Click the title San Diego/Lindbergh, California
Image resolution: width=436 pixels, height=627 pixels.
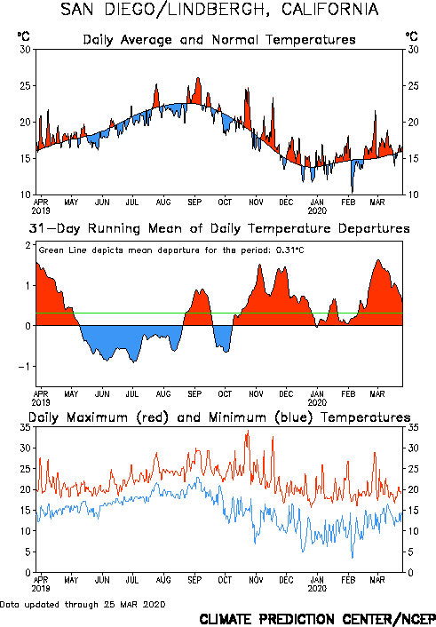pyautogui.click(x=219, y=9)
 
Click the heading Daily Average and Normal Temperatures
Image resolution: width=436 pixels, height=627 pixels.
pyautogui.click(x=219, y=40)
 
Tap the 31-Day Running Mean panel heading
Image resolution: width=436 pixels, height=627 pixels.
pyautogui.click(x=219, y=228)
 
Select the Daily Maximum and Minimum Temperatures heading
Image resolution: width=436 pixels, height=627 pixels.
pyautogui.click(x=219, y=417)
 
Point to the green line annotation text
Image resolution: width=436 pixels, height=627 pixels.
pyautogui.click(x=171, y=250)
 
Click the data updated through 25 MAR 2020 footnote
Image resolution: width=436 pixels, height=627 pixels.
pyautogui.click(x=83, y=604)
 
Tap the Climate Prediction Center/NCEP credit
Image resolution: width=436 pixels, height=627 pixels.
pyautogui.click(x=317, y=619)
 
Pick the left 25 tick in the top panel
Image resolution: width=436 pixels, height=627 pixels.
pyautogui.click(x=26, y=86)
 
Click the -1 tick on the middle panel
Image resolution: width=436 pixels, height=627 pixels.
pyautogui.click(x=24, y=367)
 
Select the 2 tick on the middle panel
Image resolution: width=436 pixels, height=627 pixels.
pyautogui.click(x=28, y=245)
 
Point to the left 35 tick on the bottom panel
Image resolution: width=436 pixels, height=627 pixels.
pyautogui.click(x=26, y=427)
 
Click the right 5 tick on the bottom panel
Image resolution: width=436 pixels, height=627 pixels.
pyautogui.click(x=410, y=552)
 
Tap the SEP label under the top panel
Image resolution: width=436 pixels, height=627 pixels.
pyautogui.click(x=194, y=202)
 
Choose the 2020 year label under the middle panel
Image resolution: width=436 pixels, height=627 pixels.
pyautogui.click(x=317, y=402)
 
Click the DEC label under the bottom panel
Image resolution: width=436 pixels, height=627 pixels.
pyautogui.click(x=287, y=580)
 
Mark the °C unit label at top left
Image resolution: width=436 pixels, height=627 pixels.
pyautogui.click(x=24, y=36)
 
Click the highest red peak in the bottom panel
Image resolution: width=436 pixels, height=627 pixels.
pyautogui.click(x=249, y=431)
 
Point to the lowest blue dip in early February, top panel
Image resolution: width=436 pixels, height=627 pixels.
pyautogui.click(x=353, y=191)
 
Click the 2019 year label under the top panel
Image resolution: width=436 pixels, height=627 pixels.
pyautogui.click(x=41, y=210)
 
